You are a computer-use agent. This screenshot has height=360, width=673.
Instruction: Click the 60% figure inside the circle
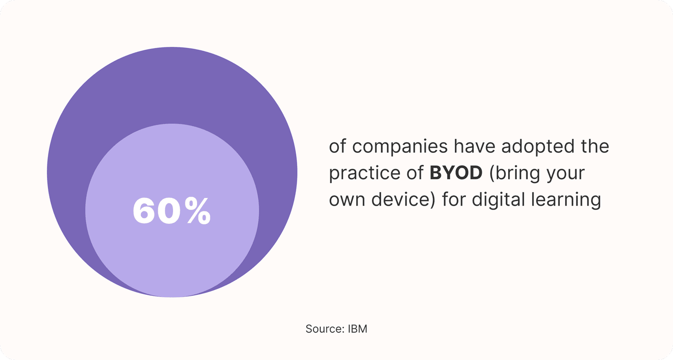coord(172,210)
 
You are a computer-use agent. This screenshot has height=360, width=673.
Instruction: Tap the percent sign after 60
coord(197,210)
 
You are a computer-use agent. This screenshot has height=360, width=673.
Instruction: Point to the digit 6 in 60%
coord(144,210)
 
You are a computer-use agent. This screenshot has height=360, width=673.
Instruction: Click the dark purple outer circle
coord(172,84)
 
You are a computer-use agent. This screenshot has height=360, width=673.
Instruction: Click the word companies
coord(400,147)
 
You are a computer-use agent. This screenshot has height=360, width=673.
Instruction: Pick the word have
coord(475,146)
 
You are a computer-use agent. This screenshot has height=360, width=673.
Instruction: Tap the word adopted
coord(538,147)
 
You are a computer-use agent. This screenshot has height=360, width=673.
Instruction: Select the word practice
coord(365,174)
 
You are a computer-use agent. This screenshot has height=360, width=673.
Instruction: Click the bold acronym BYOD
coord(456,173)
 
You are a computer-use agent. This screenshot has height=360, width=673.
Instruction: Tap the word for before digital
coord(453,199)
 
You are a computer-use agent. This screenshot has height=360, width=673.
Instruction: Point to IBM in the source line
coord(358,329)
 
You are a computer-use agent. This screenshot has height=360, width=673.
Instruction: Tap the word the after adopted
coord(595,146)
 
